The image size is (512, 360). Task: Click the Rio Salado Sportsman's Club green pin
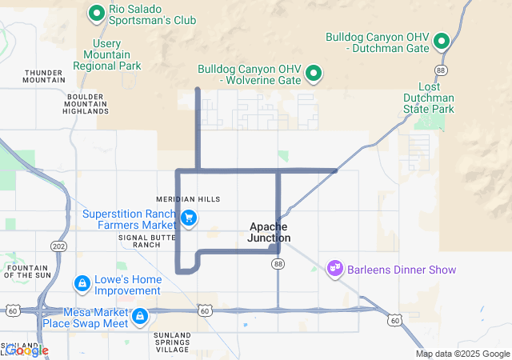pos(97,12)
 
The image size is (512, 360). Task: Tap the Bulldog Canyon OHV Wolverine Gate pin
pos(314,74)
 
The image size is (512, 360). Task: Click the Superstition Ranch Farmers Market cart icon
pos(190,217)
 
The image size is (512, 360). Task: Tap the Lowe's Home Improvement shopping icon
pos(82,284)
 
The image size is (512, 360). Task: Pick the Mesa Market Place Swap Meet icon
pos(140,317)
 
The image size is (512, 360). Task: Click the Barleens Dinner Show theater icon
pos(335,269)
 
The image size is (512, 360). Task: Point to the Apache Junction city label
pos(269,233)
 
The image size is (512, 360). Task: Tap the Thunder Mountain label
pos(44,75)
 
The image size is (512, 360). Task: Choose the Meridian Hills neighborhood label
pos(188,199)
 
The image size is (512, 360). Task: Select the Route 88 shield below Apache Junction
pos(278,263)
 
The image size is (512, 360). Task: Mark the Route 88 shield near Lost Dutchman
pos(442,70)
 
